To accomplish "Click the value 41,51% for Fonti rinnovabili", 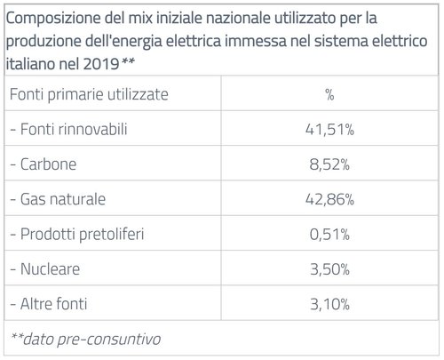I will [x=330, y=130].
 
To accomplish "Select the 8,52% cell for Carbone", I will [x=330, y=164].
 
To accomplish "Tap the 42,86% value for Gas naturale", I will [x=330, y=200].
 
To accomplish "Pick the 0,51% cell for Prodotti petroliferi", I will [x=330, y=235].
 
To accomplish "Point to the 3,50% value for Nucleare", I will [x=330, y=269].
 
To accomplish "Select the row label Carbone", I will [x=46, y=164].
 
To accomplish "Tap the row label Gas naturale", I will [x=59, y=200].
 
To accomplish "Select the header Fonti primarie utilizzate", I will [x=89, y=94].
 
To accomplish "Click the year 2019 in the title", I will [x=102, y=64].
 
